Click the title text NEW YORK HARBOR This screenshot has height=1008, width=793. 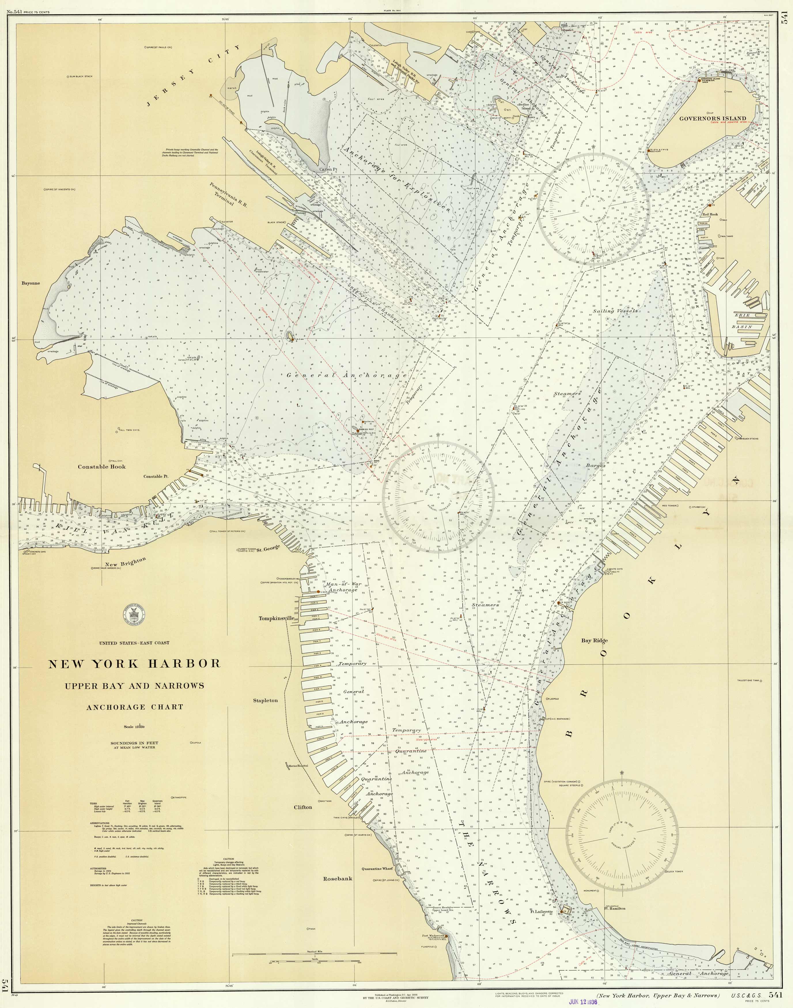click(x=135, y=664)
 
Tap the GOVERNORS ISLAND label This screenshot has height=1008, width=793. click(x=713, y=118)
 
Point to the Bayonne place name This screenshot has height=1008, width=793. click(x=31, y=283)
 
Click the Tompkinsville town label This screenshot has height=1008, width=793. click(x=277, y=618)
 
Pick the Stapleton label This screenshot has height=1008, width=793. click(x=266, y=700)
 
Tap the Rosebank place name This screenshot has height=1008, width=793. click(x=338, y=878)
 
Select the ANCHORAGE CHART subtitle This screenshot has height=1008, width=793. click(x=135, y=707)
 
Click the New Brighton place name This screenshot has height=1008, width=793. click(x=125, y=562)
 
